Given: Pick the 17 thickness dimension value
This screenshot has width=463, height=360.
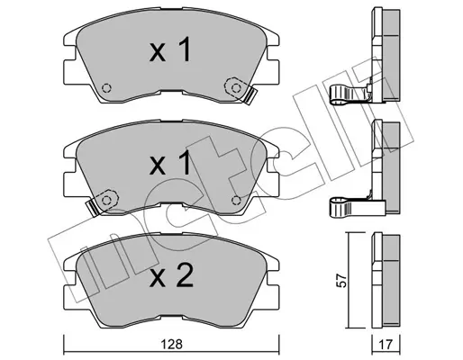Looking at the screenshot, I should coord(385,343).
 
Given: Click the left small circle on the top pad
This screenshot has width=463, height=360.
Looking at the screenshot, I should coord(106,88).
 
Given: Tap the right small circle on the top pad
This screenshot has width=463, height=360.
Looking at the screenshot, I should coord(237,87).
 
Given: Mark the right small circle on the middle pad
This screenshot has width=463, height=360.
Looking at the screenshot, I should coord(237,200).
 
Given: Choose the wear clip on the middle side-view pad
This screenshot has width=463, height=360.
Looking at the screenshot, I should coord(350,207).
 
